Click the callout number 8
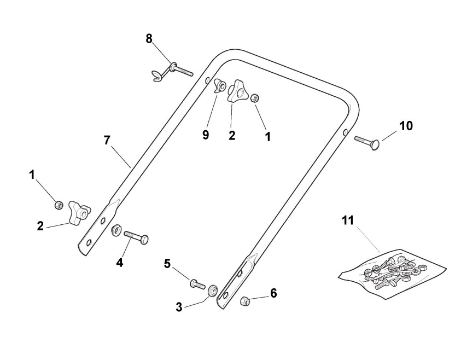click(x=149, y=39)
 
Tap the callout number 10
click(x=405, y=126)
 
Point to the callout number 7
click(x=107, y=140)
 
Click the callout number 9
click(x=206, y=135)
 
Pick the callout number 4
click(x=120, y=262)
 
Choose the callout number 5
click(x=168, y=264)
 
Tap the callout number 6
click(x=273, y=293)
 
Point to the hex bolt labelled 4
click(x=136, y=238)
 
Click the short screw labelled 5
click(x=196, y=284)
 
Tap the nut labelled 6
click(x=246, y=300)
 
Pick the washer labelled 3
click(x=213, y=289)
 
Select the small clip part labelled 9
click(x=221, y=86)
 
